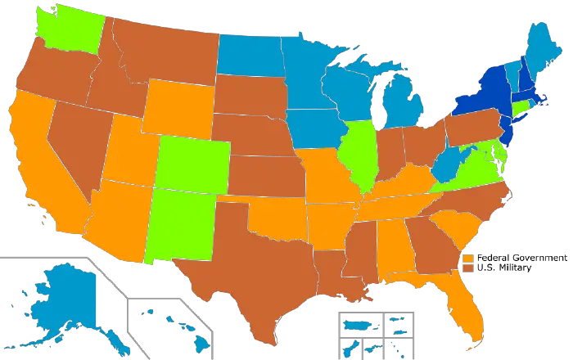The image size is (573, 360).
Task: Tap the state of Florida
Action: pyautogui.click(x=467, y=303)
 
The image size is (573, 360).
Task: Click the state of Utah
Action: pyautogui.click(x=127, y=151)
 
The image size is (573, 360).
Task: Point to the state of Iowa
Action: pyautogui.click(x=311, y=127)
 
